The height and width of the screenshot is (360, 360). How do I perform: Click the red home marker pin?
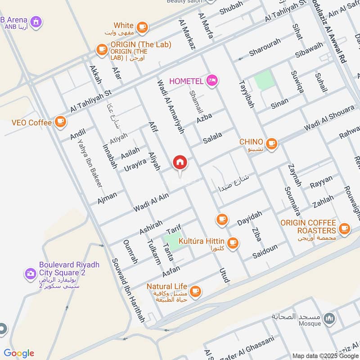click(x=180, y=162)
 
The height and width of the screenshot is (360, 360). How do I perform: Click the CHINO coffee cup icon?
click(x=271, y=144)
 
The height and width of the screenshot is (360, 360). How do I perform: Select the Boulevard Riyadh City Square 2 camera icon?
click(x=31, y=273)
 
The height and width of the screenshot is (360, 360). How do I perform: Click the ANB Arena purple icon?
click(x=36, y=21)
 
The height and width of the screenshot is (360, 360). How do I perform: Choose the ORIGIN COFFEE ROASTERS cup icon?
click(x=345, y=229)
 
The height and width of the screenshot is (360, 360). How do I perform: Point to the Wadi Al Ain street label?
click(x=151, y=202)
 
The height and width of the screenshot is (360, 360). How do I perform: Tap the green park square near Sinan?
click(x=264, y=80)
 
